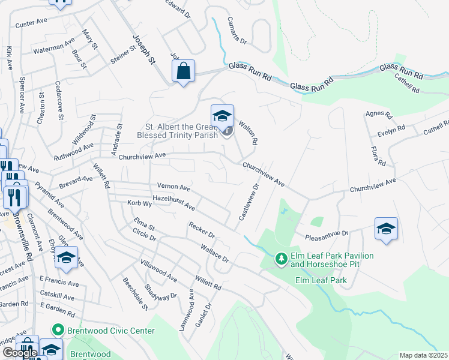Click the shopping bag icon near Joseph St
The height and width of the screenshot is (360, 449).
(x=184, y=71)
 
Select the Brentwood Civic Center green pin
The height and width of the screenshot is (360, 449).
(x=58, y=329)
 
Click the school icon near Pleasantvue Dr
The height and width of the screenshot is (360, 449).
(x=386, y=229)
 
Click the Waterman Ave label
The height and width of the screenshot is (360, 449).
(x=54, y=46)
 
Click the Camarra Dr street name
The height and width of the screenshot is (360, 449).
(x=237, y=31)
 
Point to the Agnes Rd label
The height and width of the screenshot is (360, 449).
(x=379, y=114)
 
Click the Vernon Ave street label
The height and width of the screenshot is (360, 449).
(x=173, y=187)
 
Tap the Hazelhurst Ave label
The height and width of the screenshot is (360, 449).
(x=173, y=202)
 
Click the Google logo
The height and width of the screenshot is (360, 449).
(x=19, y=352)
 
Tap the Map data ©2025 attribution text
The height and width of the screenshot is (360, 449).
(x=423, y=355)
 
